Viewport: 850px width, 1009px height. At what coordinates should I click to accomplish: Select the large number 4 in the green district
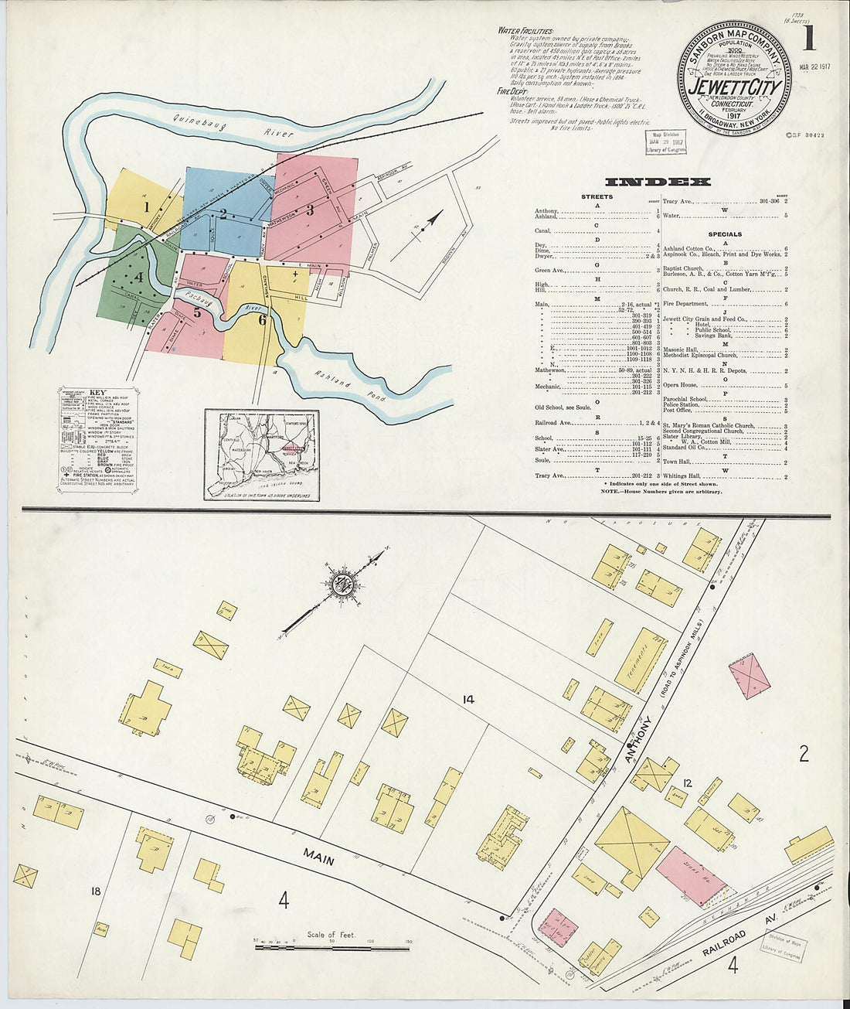(139, 276)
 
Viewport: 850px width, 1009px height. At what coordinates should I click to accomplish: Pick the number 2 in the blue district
(223, 214)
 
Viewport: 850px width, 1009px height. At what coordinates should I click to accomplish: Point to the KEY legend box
(97, 439)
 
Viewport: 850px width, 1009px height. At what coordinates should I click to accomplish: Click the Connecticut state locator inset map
(262, 455)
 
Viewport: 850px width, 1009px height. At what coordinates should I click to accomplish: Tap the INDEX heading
(657, 182)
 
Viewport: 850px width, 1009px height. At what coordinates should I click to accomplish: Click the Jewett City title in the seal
(734, 87)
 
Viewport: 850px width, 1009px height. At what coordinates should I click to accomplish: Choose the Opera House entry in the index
(680, 385)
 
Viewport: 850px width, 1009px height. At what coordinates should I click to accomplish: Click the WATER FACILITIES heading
(525, 31)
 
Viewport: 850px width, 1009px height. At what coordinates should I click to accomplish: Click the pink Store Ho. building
(692, 877)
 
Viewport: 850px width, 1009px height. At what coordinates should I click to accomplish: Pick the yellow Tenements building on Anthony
(641, 660)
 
